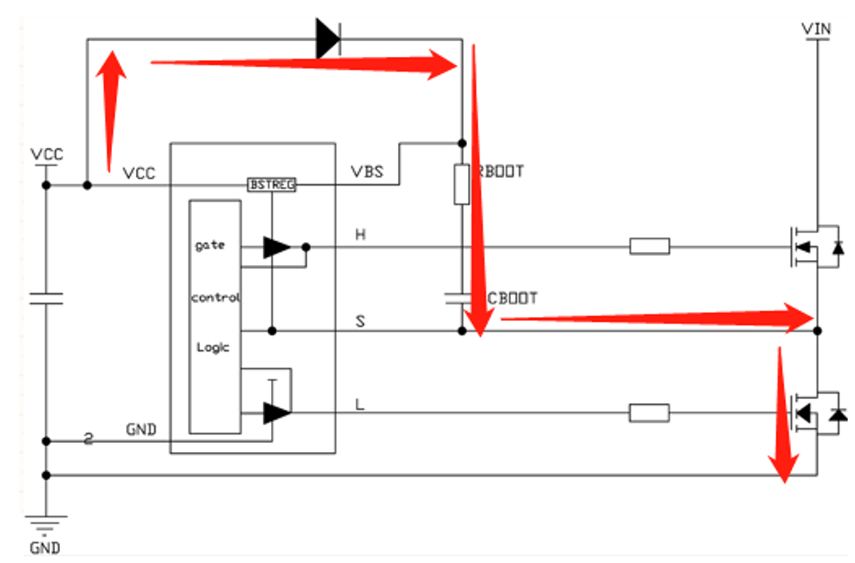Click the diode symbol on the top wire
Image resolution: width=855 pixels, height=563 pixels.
(x=329, y=38)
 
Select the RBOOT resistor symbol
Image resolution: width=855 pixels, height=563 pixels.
(x=461, y=184)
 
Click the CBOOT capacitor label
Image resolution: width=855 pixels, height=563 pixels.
(x=512, y=297)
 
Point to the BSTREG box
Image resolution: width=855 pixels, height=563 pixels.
(x=271, y=185)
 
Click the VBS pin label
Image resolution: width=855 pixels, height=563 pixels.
(x=367, y=173)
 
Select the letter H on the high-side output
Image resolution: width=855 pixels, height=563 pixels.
(x=360, y=235)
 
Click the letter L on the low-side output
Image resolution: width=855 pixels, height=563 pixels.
(x=360, y=404)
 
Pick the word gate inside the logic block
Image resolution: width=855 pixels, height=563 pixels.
(x=209, y=245)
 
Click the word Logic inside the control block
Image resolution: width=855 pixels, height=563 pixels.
(x=213, y=347)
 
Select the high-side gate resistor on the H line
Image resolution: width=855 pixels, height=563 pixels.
(x=649, y=245)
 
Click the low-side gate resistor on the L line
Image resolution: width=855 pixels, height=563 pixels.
(x=649, y=413)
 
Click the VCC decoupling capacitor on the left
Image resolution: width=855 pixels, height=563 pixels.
(x=46, y=298)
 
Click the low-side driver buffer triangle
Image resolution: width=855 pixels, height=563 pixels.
(x=277, y=412)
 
